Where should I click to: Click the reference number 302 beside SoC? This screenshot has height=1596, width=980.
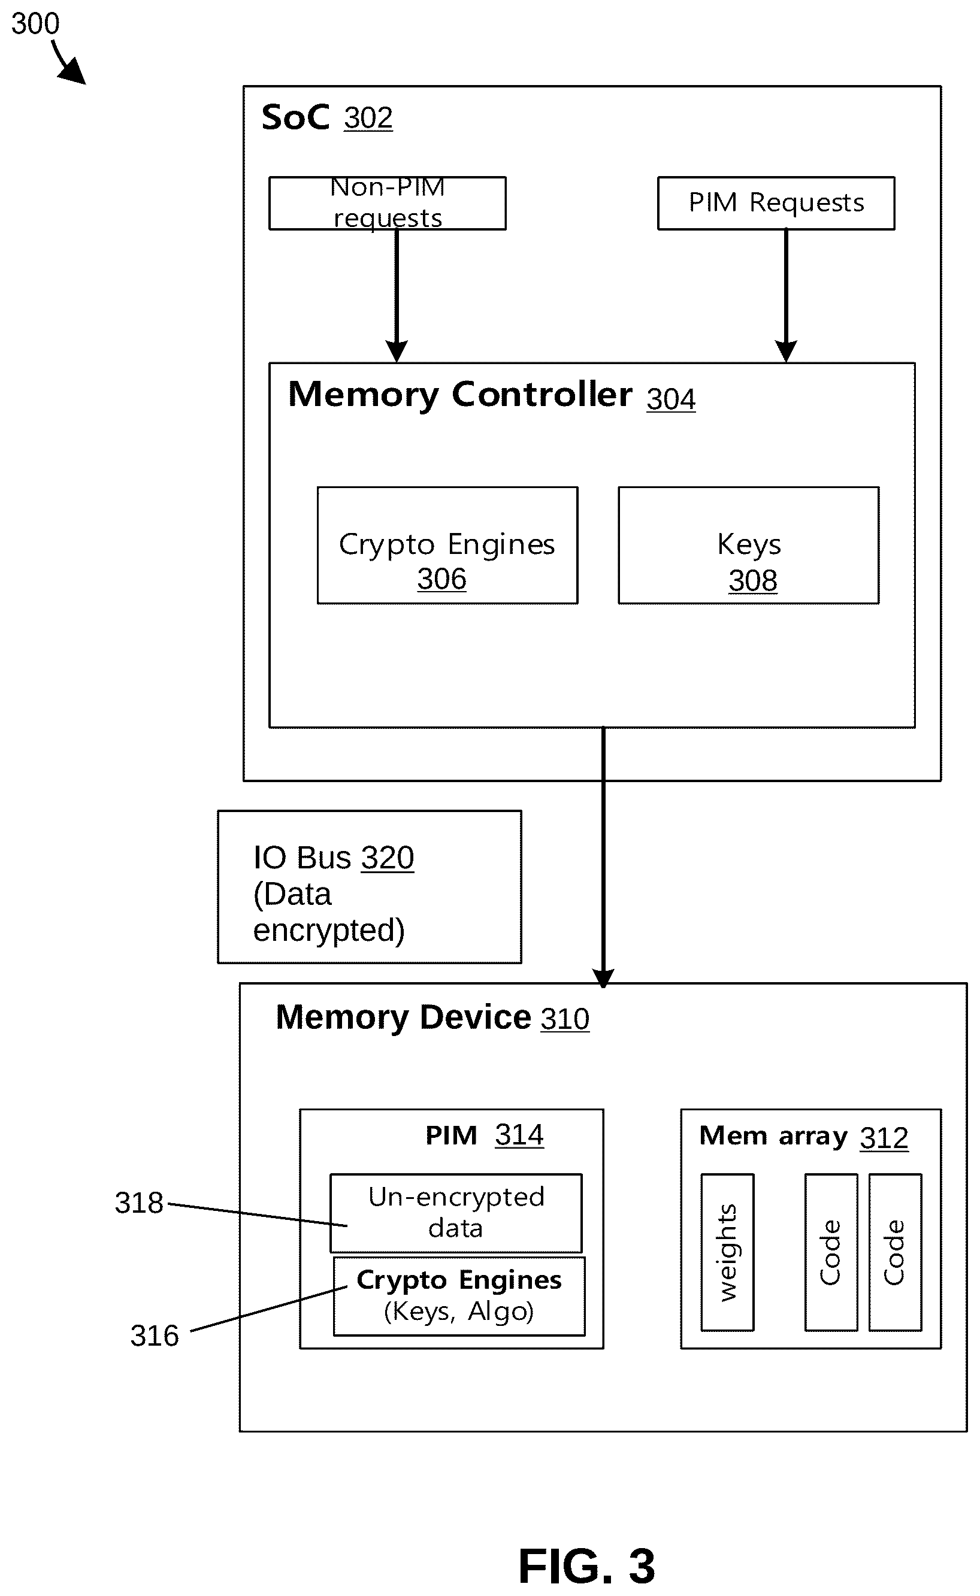pyautogui.click(x=368, y=118)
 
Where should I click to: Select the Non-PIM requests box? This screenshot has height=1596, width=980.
pyautogui.click(x=388, y=203)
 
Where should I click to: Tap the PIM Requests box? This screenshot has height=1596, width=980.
pyautogui.click(x=776, y=203)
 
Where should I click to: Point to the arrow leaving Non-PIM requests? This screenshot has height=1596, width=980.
pyautogui.click(x=397, y=295)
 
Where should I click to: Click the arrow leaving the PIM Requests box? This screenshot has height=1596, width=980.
pyautogui.click(x=786, y=295)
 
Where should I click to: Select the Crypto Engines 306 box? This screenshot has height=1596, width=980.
pyautogui.click(x=447, y=545)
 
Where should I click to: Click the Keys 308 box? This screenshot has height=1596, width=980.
pyautogui.click(x=749, y=545)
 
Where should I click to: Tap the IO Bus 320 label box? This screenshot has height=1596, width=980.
pyautogui.click(x=370, y=886)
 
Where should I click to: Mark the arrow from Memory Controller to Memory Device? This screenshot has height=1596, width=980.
pyautogui.click(x=603, y=856)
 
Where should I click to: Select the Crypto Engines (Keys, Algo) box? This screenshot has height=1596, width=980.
pyautogui.click(x=459, y=1296)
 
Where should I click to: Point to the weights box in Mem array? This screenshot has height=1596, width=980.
pyautogui.click(x=727, y=1252)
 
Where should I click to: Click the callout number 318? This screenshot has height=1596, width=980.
pyautogui.click(x=139, y=1203)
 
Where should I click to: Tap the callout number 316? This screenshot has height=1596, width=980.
pyautogui.click(x=155, y=1335)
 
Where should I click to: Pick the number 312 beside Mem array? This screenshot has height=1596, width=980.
pyautogui.click(x=884, y=1138)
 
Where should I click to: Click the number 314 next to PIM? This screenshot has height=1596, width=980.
pyautogui.click(x=519, y=1135)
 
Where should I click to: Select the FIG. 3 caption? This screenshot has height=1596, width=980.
pyautogui.click(x=586, y=1566)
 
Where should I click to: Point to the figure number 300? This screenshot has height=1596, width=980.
pyautogui.click(x=35, y=23)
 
